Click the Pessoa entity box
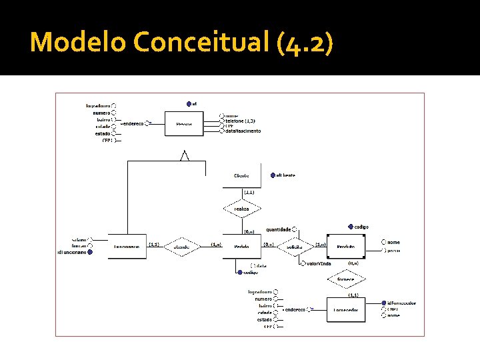click(x=184, y=123)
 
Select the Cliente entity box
click(x=242, y=175)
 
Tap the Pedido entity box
click(x=242, y=247)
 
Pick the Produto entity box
click(x=345, y=247)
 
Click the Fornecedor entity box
click(x=346, y=310)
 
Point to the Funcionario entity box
click(x=127, y=247)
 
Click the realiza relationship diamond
click(x=242, y=209)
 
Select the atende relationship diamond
click(x=182, y=247)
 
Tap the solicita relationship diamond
click(x=295, y=247)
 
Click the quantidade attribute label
click(x=278, y=229)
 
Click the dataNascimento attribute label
click(x=243, y=131)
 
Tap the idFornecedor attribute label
click(x=401, y=303)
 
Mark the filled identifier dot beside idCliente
click(x=272, y=175)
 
